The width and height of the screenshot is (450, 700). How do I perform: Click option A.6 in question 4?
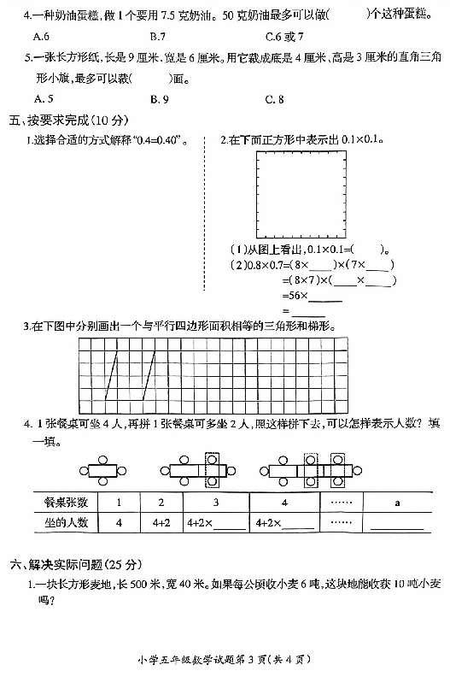[x=41, y=37]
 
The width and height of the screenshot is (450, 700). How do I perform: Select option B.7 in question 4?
[x=158, y=37]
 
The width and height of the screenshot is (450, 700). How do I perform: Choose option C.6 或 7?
[x=284, y=37]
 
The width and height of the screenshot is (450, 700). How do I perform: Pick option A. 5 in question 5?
[x=44, y=98]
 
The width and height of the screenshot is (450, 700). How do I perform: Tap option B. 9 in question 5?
[x=159, y=99]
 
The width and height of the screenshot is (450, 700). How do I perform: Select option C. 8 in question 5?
[x=274, y=99]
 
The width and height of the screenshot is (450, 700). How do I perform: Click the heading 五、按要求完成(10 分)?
[x=68, y=121]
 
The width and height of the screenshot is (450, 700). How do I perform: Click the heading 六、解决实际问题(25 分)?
[x=76, y=565]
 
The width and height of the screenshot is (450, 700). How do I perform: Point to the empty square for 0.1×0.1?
[x=256, y=195]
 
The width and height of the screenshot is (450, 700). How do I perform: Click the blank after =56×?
[x=325, y=301]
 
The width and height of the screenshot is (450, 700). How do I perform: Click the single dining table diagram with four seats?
[x=103, y=471]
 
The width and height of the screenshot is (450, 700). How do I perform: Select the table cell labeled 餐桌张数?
[x=66, y=503]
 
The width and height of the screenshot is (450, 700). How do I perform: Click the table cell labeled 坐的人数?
[x=66, y=522]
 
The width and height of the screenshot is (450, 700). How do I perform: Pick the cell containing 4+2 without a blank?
[x=161, y=522]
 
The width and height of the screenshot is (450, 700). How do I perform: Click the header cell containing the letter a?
[x=397, y=503]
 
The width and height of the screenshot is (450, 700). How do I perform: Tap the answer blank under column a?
[x=397, y=528]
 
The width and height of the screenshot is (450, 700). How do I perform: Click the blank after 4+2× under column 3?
[x=231, y=528]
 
